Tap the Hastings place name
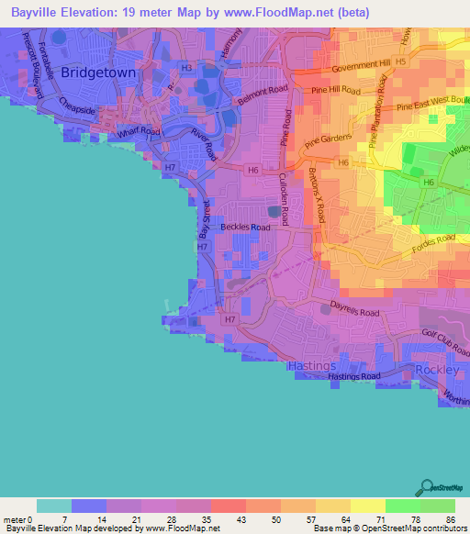311,365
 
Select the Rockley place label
436,369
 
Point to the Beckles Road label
245,227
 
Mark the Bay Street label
205,219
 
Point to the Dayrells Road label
355,313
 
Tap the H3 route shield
186,68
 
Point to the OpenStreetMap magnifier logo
426,487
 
